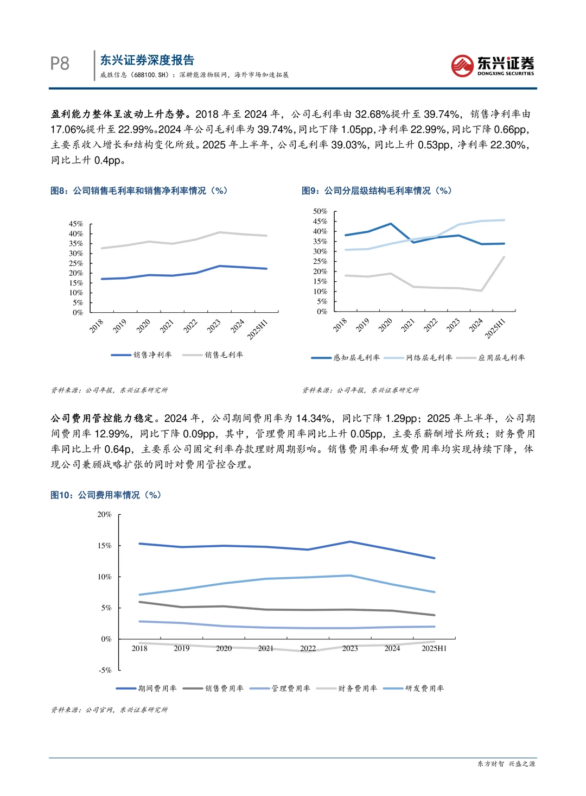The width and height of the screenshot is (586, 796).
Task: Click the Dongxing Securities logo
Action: [493, 65]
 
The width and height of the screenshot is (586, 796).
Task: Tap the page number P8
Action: [60, 64]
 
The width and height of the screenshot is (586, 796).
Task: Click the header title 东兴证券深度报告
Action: [147, 60]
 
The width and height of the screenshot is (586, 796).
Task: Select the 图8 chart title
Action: [139, 191]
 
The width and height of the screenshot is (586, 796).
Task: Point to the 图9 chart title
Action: [377, 191]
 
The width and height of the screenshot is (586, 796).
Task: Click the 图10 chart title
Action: [106, 495]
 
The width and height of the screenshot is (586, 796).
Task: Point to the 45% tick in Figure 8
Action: [76, 224]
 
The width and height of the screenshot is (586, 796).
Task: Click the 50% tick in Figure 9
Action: [320, 211]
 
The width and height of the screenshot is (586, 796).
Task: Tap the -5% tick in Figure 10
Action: [105, 670]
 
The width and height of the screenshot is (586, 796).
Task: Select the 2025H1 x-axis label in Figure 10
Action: [434, 648]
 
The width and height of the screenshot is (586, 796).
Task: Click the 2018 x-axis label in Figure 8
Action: [97, 325]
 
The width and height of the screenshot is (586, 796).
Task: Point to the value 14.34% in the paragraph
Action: [314, 418]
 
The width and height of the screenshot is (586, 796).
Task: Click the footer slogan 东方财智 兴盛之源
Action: [506, 763]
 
